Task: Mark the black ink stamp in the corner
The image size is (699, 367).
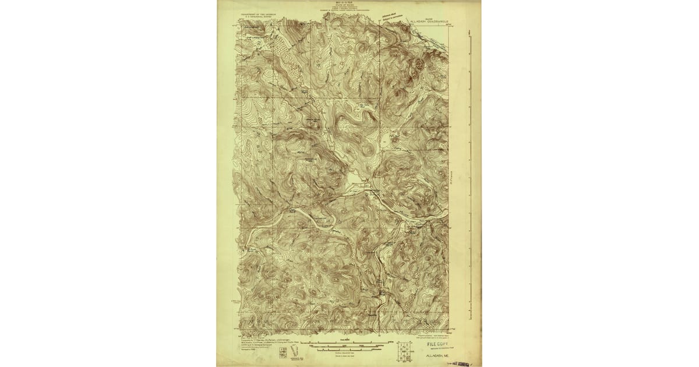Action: pyautogui.click(x=460, y=363)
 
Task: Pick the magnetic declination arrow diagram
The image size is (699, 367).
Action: pyautogui.click(x=295, y=351)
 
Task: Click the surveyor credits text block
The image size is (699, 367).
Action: pyautogui.click(x=262, y=343)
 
